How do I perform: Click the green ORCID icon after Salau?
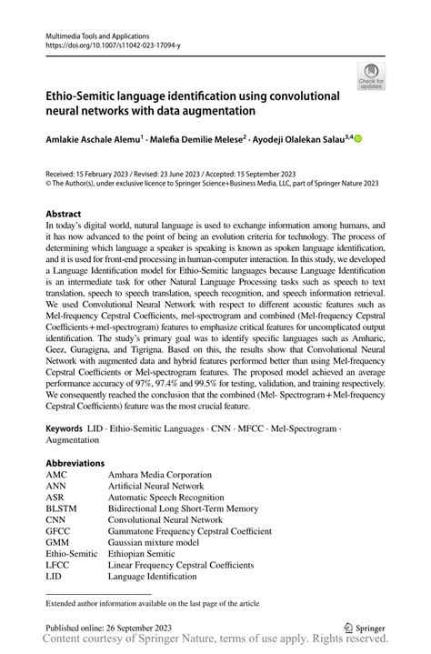click(358, 139)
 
